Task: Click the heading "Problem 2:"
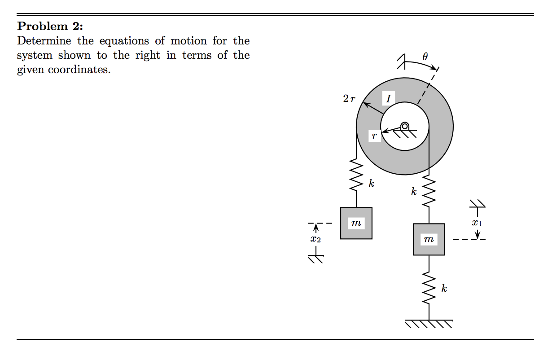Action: click(x=50, y=26)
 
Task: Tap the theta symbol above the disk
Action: click(x=425, y=57)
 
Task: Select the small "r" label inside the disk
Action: click(x=374, y=136)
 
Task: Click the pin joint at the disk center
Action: click(x=404, y=126)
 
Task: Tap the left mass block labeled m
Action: click(x=356, y=223)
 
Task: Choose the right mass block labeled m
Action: click(x=429, y=239)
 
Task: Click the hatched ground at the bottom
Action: click(x=429, y=323)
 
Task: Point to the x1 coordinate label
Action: click(x=477, y=222)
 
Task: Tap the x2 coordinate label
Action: click(x=316, y=240)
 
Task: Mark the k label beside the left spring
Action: click(x=371, y=183)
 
